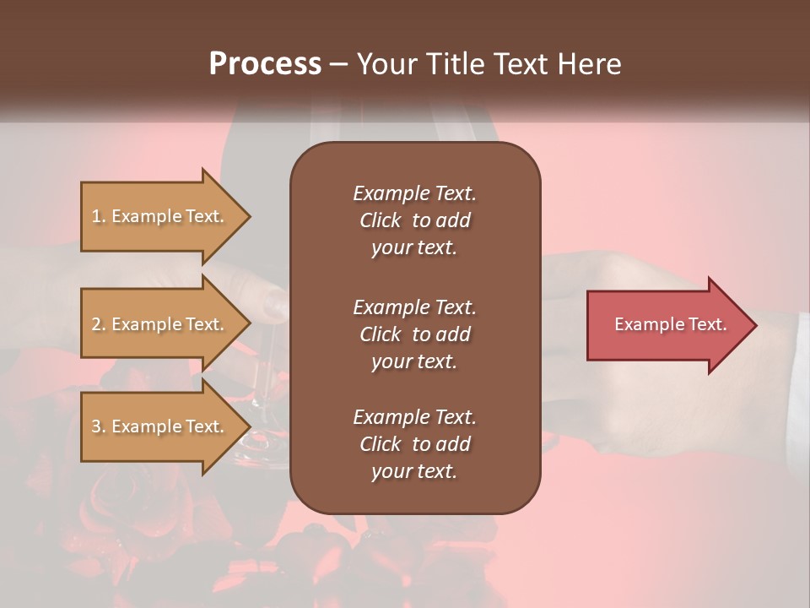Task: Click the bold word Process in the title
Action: pos(265,64)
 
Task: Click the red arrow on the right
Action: pos(667,325)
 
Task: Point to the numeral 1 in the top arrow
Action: pos(95,216)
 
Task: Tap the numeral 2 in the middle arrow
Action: pos(96,324)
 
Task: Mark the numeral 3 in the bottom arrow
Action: pos(96,426)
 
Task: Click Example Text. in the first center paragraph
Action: pos(414,193)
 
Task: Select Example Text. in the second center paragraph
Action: pos(414,307)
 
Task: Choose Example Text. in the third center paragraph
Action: pos(414,417)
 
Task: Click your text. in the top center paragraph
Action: pos(414,248)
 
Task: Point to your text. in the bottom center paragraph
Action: pos(414,472)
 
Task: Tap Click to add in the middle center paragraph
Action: pos(414,334)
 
